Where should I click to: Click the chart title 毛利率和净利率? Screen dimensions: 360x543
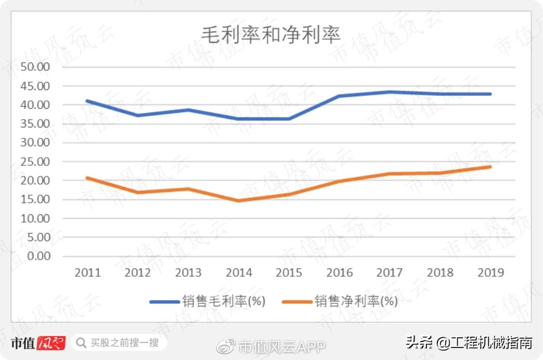click(271, 35)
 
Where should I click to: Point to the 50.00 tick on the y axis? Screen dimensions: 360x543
click(35, 67)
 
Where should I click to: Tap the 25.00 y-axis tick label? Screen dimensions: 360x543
click(35, 162)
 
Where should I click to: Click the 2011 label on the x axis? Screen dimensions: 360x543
click(87, 273)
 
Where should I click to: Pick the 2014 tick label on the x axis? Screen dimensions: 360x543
click(239, 273)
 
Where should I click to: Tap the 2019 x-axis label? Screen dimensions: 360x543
click(490, 273)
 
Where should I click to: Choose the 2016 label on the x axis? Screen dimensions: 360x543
click(339, 273)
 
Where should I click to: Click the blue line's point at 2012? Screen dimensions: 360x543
click(138, 115)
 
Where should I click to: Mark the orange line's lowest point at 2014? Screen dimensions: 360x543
click(239, 200)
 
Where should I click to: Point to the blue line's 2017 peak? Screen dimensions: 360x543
click(390, 92)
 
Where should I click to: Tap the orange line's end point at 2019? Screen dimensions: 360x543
click(490, 166)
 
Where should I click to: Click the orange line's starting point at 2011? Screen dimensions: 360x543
click(87, 178)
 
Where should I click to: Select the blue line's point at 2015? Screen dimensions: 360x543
click(289, 119)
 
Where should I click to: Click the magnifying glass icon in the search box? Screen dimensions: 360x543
click(81, 343)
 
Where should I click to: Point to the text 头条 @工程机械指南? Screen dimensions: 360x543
click(468, 343)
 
